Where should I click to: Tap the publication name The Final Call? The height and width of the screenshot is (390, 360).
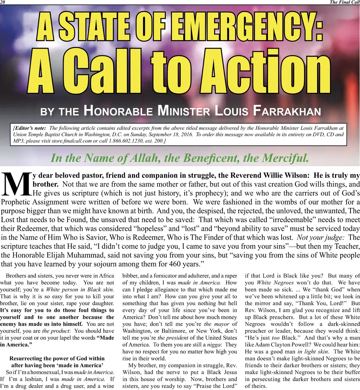coord(344,2)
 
